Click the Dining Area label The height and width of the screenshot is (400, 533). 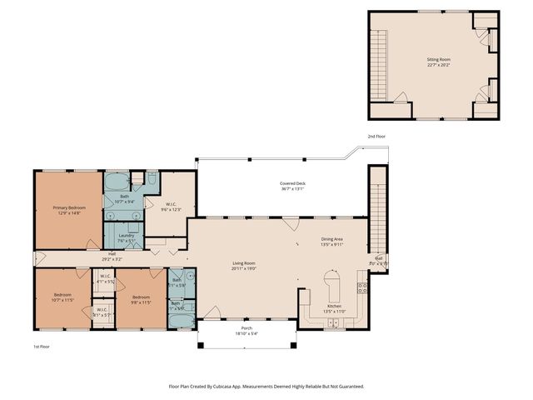[x=333, y=239]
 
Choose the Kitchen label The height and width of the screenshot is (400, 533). [x=334, y=306]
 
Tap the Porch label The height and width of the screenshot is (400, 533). [x=247, y=327]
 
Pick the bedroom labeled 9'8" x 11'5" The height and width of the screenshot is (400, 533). [x=139, y=297]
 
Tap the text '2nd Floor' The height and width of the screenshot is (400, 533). [x=376, y=136]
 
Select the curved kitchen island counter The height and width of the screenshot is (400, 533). [x=334, y=286]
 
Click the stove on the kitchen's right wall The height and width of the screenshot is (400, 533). [x=362, y=289]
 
